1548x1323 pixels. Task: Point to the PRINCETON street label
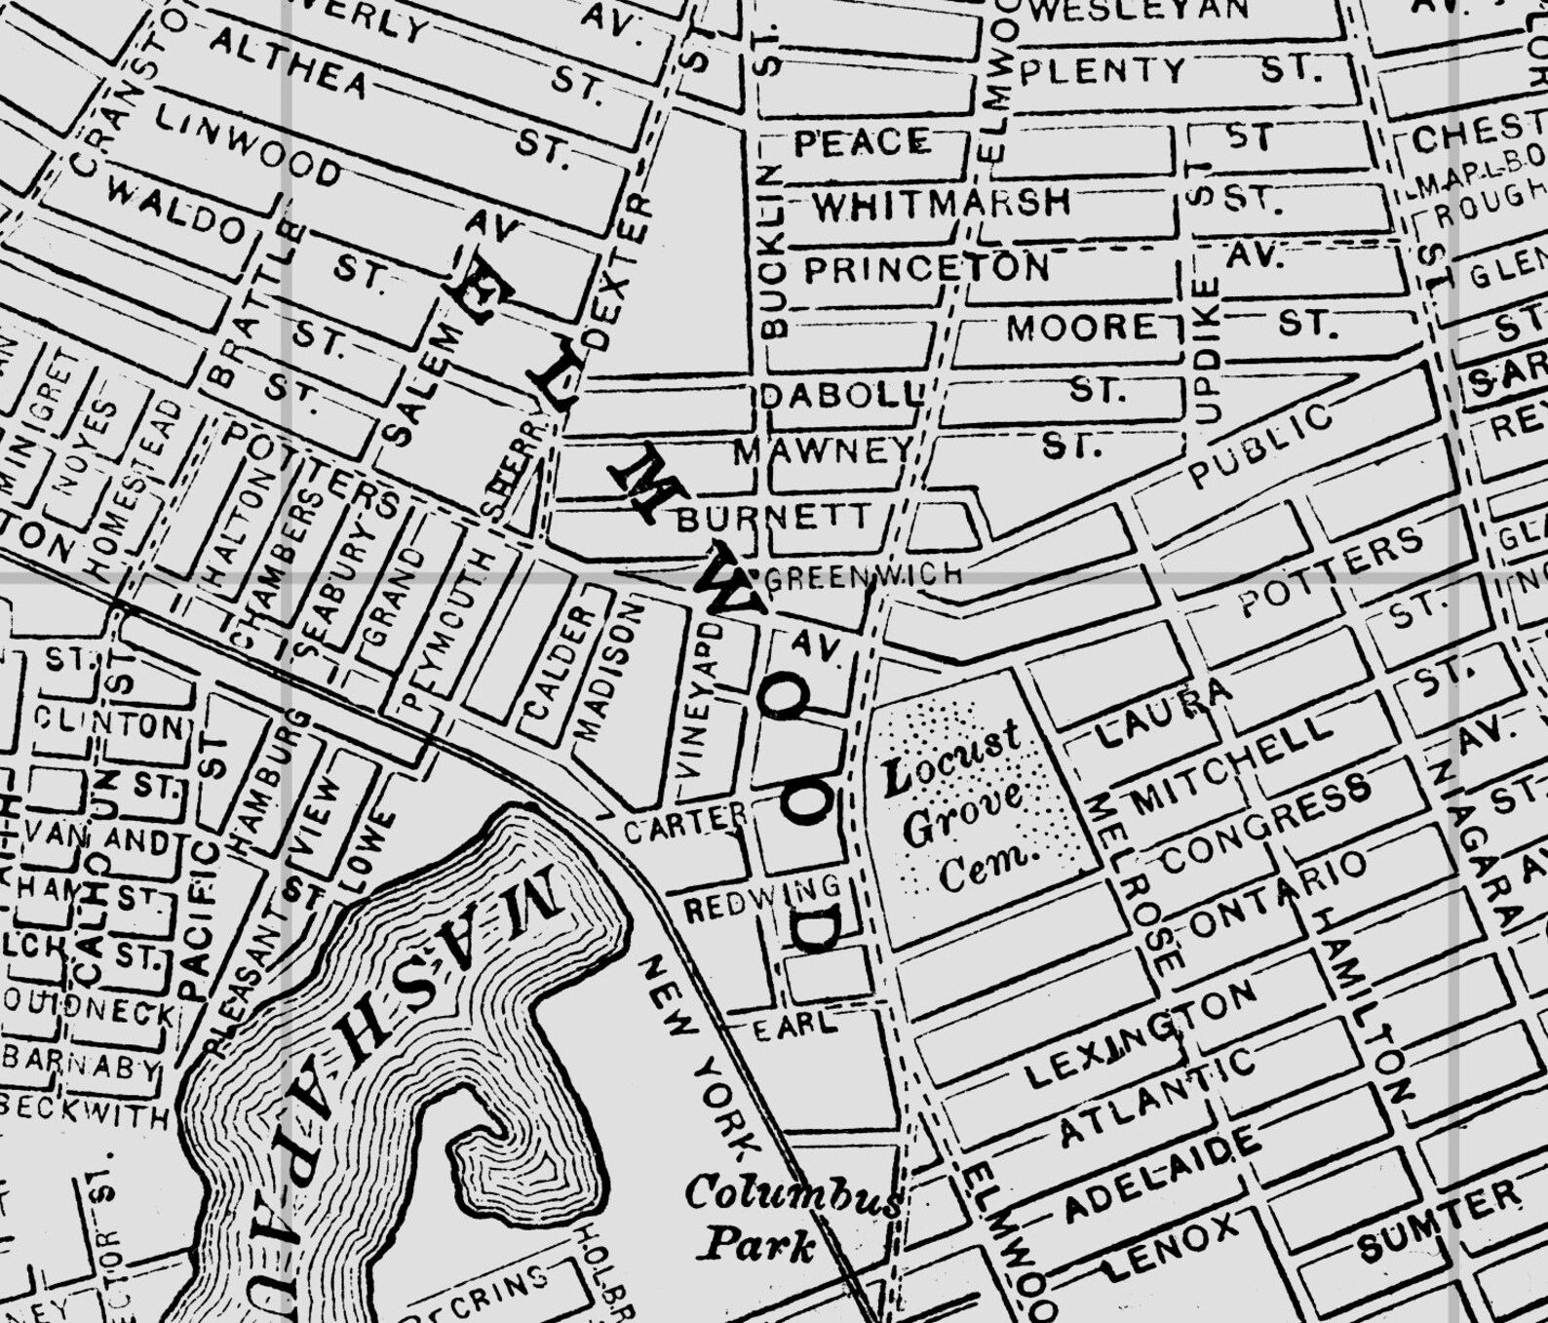tap(926, 268)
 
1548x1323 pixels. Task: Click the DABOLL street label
tap(840, 395)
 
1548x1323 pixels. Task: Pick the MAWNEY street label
tap(822, 451)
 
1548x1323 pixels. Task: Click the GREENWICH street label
tap(864, 575)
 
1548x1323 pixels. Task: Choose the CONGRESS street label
tap(1266, 823)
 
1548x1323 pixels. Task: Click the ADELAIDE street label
tap(1160, 1175)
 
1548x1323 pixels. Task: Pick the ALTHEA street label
tap(289, 62)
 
